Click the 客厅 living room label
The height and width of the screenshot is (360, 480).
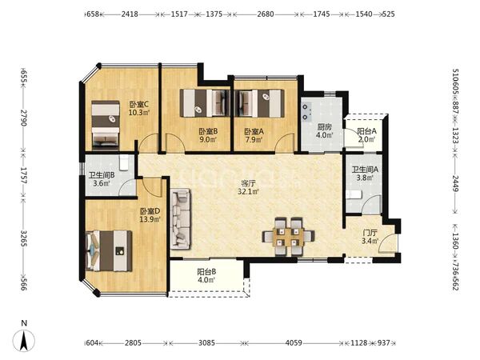(x=248, y=184)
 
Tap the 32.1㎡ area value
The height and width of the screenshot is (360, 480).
(x=248, y=192)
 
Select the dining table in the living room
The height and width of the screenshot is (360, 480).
(x=288, y=236)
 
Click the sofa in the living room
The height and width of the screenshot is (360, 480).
(x=180, y=218)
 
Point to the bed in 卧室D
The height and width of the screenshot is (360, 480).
(x=110, y=251)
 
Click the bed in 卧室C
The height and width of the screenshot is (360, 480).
(x=106, y=125)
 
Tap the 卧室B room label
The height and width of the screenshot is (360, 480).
(x=208, y=132)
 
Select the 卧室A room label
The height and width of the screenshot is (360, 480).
(x=254, y=132)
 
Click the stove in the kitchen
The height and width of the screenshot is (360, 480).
(x=306, y=112)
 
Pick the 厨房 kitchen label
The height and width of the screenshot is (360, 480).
(x=325, y=126)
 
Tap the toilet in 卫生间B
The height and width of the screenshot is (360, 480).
(x=123, y=162)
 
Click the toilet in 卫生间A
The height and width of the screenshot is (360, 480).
(x=354, y=194)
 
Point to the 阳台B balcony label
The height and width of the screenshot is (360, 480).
(x=206, y=271)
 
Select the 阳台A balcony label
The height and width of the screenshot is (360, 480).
(x=366, y=131)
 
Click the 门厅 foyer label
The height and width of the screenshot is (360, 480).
(x=370, y=233)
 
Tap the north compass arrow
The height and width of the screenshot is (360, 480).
(x=25, y=341)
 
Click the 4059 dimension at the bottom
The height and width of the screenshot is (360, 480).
(x=294, y=343)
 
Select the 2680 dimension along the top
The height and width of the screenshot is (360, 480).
(x=266, y=14)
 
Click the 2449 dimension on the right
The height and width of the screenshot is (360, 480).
(x=455, y=183)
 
